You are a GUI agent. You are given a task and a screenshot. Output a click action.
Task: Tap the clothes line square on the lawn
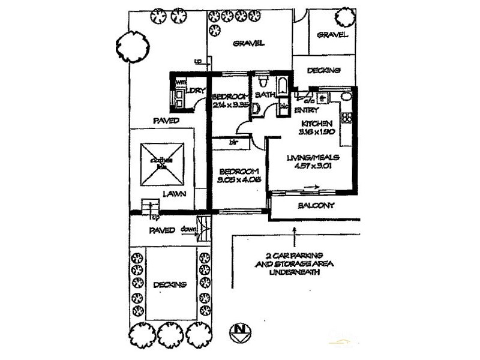pyautogui.click(x=162, y=164)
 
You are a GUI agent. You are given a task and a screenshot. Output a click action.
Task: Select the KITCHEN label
pyautogui.click(x=316, y=122)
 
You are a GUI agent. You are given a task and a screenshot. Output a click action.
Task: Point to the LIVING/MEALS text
pyautogui.click(x=313, y=157)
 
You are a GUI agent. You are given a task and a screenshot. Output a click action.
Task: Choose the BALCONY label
pyautogui.click(x=316, y=205)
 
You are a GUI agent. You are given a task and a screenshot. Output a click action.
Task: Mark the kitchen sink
pyautogui.click(x=346, y=97)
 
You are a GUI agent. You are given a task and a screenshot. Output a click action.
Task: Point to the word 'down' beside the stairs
pyautogui.click(x=188, y=230)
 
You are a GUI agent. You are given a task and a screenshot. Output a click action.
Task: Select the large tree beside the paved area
pyautogui.click(x=132, y=45)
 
